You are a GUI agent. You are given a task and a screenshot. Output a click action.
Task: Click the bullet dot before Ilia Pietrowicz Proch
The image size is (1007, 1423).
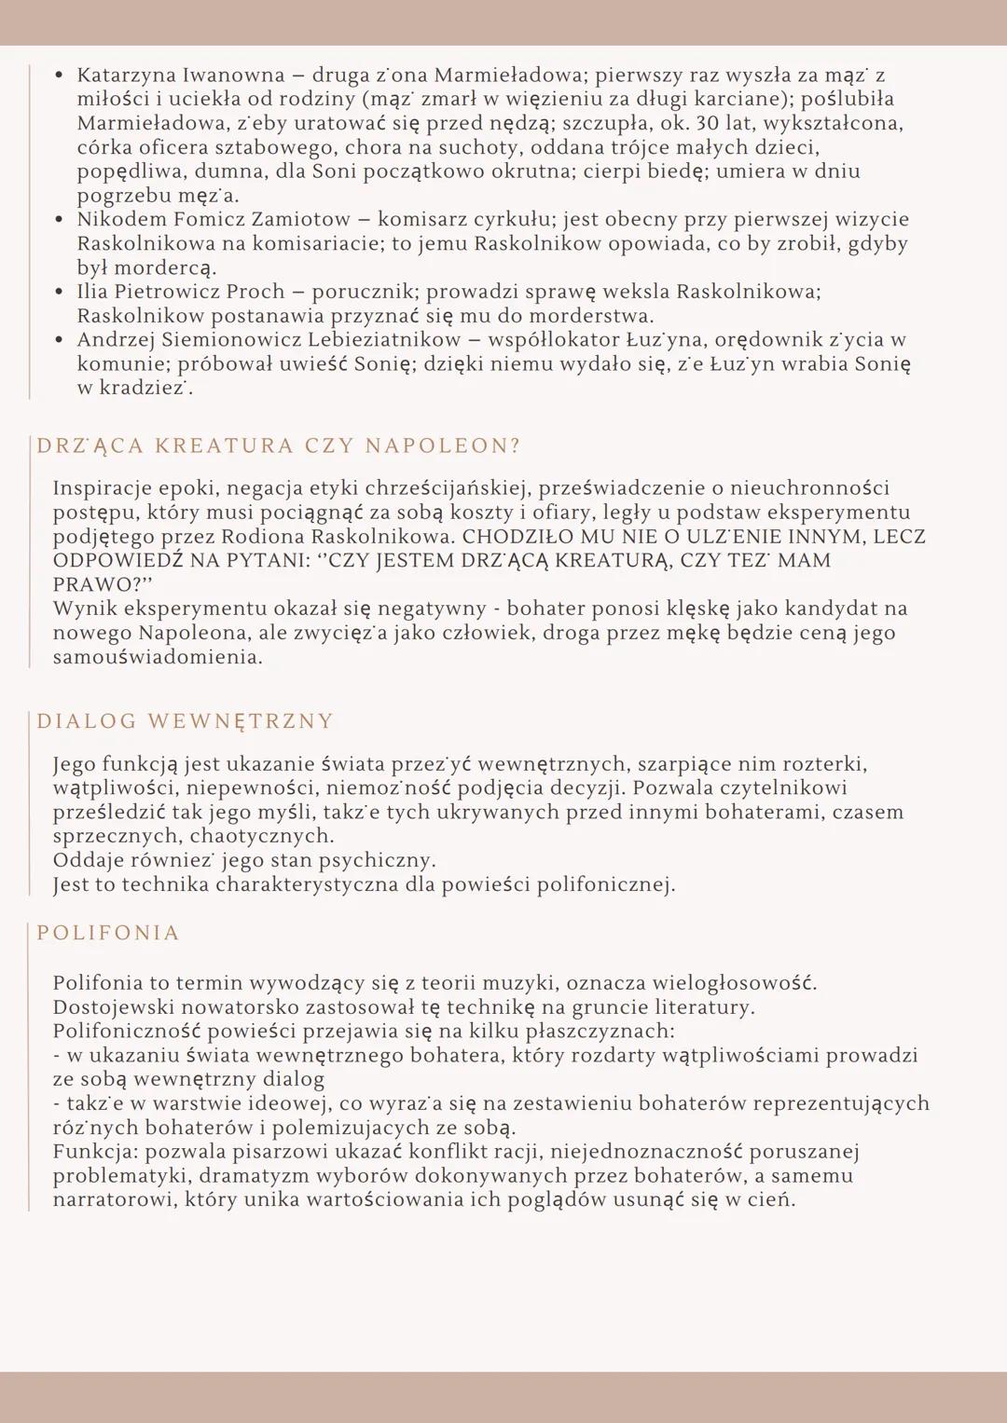[x=59, y=292]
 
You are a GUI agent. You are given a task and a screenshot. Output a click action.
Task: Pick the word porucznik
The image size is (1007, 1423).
[x=363, y=292]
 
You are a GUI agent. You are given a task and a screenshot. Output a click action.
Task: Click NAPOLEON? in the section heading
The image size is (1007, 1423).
[x=442, y=446]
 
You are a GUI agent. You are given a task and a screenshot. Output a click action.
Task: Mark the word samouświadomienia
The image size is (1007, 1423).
[x=158, y=657]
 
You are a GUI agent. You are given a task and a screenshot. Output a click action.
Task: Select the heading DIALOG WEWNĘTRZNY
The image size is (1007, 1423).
[x=185, y=721]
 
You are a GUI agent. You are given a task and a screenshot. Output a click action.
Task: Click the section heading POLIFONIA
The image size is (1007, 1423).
[x=108, y=933]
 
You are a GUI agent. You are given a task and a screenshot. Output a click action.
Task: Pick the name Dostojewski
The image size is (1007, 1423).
[x=113, y=1007]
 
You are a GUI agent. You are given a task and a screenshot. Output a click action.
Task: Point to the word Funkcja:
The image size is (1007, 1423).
[x=95, y=1152]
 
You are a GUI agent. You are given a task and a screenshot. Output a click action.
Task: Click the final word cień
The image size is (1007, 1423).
[x=770, y=1200]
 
